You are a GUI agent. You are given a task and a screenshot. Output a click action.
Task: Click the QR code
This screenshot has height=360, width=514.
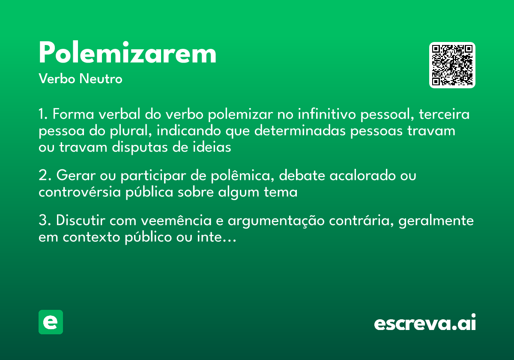click(452, 65)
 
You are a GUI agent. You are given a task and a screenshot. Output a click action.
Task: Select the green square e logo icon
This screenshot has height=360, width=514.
click(51, 322)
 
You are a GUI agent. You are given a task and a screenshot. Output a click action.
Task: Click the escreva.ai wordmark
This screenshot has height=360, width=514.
click(425, 323)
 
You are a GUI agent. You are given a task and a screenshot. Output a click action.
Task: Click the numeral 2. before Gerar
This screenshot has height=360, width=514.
click(45, 176)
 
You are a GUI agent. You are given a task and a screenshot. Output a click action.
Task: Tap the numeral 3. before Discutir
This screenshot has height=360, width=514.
click(45, 221)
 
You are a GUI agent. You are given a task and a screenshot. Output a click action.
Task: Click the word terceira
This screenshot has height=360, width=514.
click(444, 115)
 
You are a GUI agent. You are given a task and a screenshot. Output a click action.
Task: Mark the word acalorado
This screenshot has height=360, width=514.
click(359, 176)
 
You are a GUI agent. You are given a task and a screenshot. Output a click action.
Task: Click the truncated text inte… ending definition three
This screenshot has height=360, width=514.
click(222, 237)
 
